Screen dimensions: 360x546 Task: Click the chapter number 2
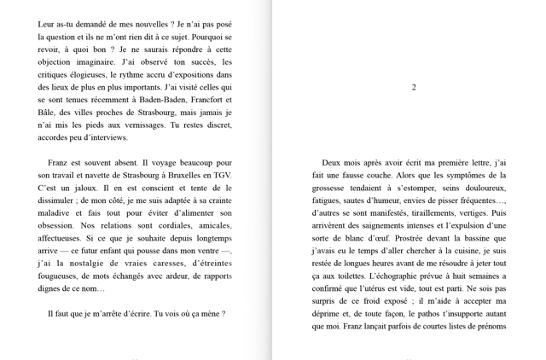[x=414, y=87]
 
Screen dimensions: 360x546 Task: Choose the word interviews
[x=107, y=137]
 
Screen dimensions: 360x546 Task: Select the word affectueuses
[x=66, y=239]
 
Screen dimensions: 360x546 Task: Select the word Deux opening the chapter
[x=333, y=163]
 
